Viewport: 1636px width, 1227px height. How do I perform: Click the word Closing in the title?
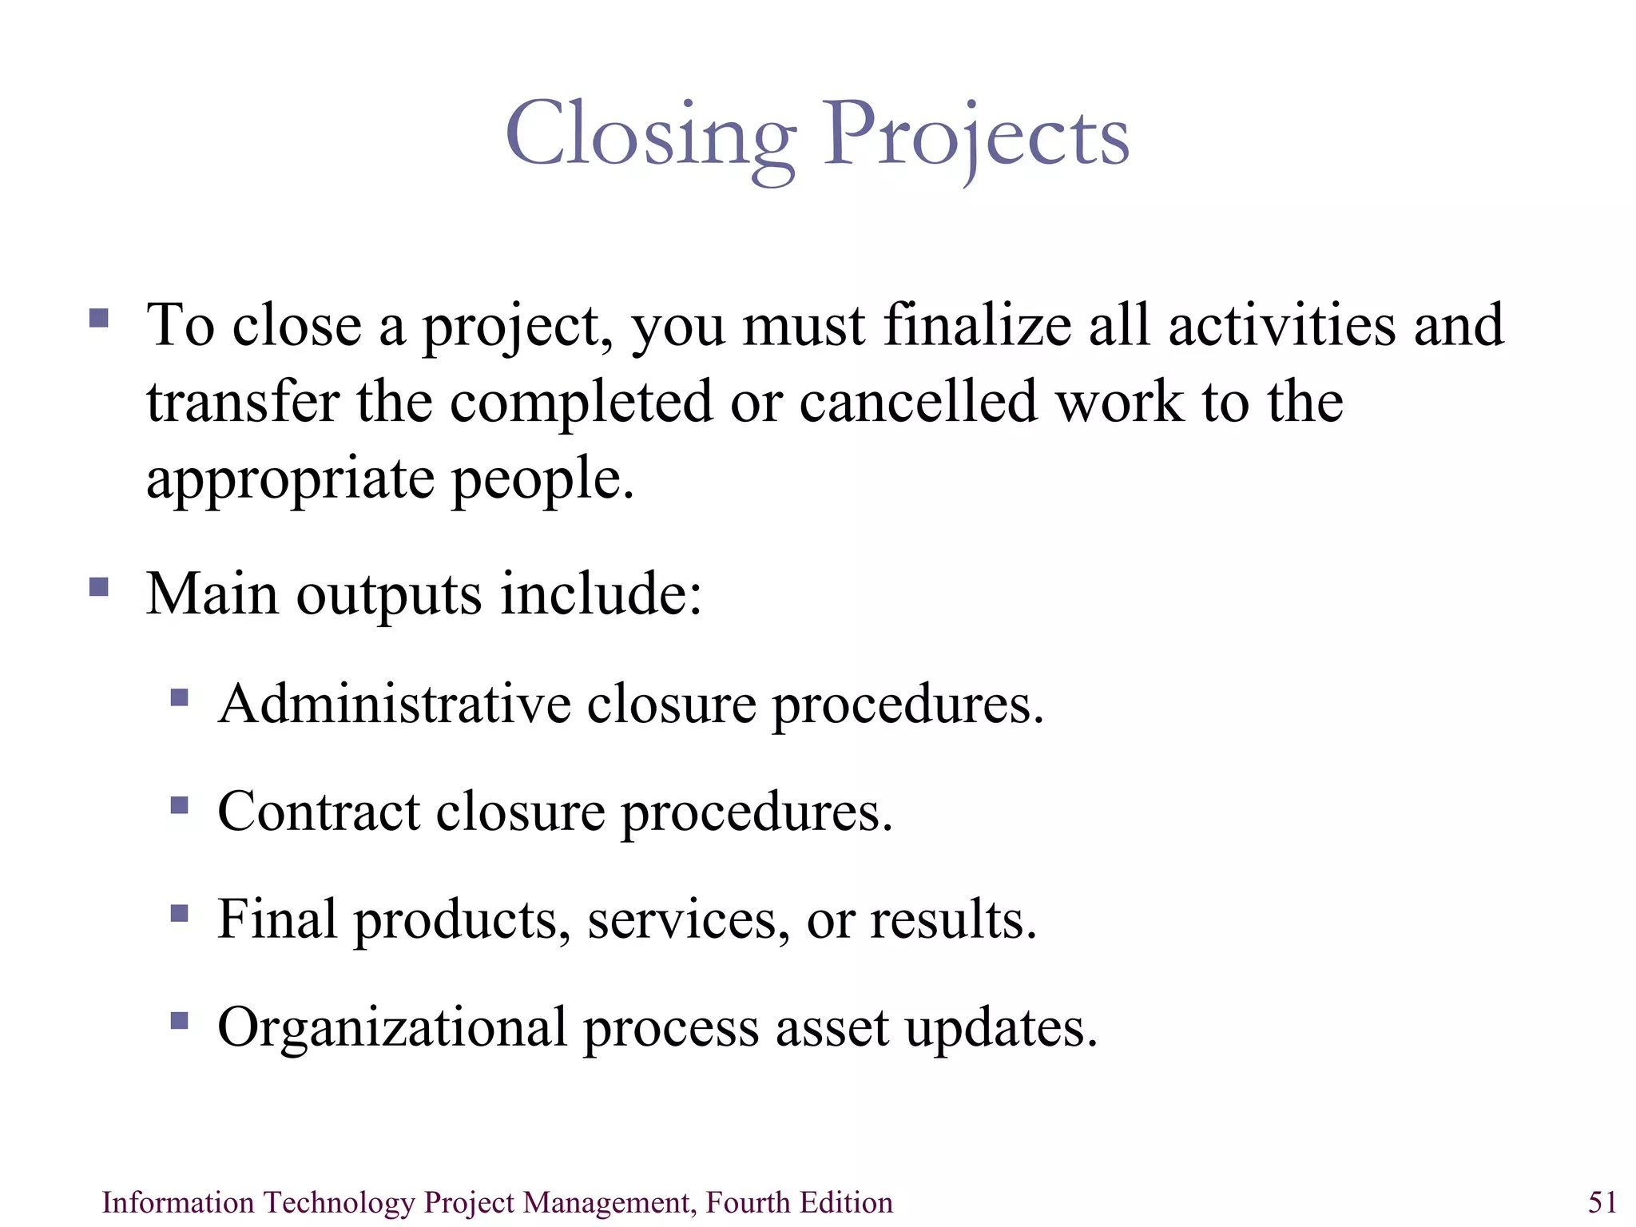[650, 136]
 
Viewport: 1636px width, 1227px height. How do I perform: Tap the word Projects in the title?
[975, 136]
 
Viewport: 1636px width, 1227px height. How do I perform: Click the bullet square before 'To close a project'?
[99, 319]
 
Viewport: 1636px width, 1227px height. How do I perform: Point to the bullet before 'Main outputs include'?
[99, 588]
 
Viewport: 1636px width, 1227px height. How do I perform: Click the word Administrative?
[395, 704]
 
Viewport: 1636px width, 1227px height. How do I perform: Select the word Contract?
[318, 812]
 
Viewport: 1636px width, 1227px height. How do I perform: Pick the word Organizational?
[391, 1028]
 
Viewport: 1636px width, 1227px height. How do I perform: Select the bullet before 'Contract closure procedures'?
[180, 805]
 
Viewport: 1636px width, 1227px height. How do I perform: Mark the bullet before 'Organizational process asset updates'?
[180, 1020]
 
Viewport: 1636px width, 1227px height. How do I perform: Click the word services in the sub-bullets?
[682, 920]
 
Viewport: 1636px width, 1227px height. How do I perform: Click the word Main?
[212, 594]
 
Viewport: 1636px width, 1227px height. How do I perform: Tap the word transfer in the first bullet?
[243, 401]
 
